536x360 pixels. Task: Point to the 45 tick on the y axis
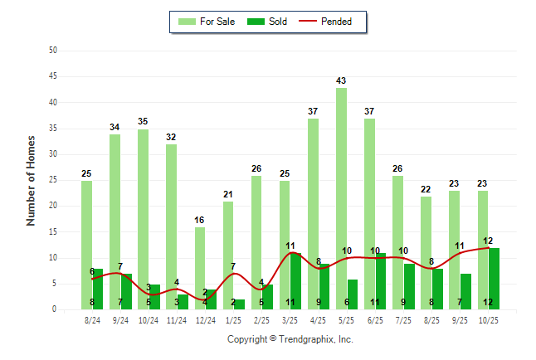tap(53, 76)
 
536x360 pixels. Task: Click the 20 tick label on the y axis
tap(53, 206)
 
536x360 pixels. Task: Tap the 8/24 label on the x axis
tap(92, 319)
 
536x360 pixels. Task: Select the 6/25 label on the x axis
tap(375, 319)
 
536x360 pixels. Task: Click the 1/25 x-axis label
tap(233, 319)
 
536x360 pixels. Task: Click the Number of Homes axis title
tap(31, 180)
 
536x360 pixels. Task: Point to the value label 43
tap(341, 80)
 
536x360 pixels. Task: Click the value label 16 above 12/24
tap(200, 220)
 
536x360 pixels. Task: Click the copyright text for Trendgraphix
tap(290, 339)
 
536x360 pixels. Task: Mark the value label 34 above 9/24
tap(115, 127)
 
